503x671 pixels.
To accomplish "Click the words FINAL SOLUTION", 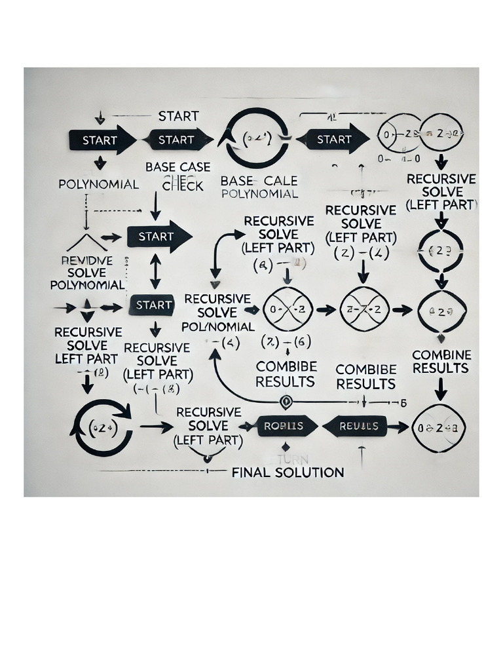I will click(288, 472).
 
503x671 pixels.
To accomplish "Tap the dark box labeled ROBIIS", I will click(283, 426).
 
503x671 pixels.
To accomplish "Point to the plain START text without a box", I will click(178, 116).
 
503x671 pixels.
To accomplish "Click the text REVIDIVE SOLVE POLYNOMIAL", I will click(87, 273).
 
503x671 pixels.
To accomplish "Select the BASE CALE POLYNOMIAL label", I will click(259, 187).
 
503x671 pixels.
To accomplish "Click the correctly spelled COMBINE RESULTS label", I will click(441, 362).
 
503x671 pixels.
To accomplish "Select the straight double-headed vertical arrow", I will click(155, 271).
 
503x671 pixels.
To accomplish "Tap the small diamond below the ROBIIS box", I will click(285, 446).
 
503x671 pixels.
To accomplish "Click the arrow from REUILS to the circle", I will click(398, 427).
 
